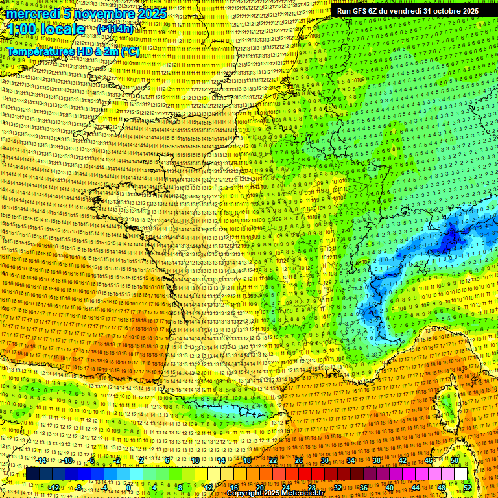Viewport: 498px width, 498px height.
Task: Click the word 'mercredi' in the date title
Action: (x=30, y=14)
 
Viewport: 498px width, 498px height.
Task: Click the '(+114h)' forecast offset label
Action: (x=115, y=29)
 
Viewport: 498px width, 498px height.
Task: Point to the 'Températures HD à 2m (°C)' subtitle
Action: (x=73, y=51)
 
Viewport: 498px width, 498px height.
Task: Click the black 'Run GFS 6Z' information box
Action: (x=408, y=10)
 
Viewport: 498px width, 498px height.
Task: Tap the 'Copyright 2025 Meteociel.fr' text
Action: (x=275, y=493)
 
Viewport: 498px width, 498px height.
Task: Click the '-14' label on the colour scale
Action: (x=41, y=460)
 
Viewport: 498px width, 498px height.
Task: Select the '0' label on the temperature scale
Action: (x=128, y=488)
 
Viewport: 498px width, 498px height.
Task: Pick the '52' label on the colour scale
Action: (x=468, y=488)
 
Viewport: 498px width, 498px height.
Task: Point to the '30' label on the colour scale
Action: (x=324, y=460)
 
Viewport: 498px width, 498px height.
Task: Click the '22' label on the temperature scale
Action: (x=273, y=460)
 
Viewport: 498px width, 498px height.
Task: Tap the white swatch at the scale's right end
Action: (x=460, y=474)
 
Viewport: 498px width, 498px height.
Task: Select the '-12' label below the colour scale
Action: (x=54, y=488)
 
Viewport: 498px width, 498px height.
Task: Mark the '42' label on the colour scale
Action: (x=402, y=460)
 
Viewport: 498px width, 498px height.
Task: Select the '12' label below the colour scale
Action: (x=208, y=488)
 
